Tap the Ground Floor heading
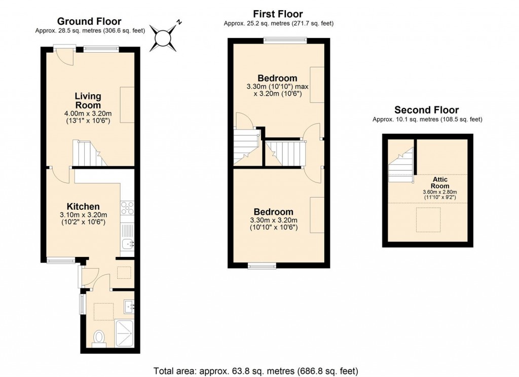click(89, 21)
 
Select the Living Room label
click(88, 100)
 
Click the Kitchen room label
click(83, 206)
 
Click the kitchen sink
click(127, 245)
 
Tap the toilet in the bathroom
click(100, 337)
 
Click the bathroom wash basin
click(129, 306)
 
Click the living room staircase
click(89, 154)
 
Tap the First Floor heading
click(278, 14)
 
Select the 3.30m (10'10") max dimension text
click(277, 87)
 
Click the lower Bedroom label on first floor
click(274, 212)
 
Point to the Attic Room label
click(440, 182)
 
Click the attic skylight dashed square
click(427, 219)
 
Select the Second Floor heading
click(427, 110)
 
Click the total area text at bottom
click(255, 369)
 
